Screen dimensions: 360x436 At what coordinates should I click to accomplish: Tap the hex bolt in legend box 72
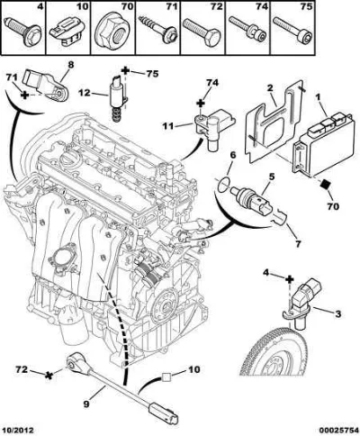point(201,31)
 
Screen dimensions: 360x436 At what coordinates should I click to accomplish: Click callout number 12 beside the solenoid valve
point(85,93)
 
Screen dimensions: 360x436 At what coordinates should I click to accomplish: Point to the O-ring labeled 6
point(224,185)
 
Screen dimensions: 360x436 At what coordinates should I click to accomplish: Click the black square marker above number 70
point(324,184)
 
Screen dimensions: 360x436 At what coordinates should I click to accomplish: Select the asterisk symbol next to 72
point(48,375)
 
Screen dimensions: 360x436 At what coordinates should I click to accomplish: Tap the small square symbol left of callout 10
point(166,377)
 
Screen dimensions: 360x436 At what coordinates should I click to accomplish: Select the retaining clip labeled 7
point(280,217)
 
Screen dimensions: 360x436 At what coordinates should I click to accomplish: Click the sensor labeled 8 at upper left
point(48,85)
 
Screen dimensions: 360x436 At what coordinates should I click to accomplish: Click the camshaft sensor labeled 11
point(214,126)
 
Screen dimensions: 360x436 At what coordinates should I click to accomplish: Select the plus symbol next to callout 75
point(126,71)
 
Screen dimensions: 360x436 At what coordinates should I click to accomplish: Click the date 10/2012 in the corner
point(17,430)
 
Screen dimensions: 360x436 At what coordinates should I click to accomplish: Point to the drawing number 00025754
point(339,430)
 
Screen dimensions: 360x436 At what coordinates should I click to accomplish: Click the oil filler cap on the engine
point(69,159)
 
